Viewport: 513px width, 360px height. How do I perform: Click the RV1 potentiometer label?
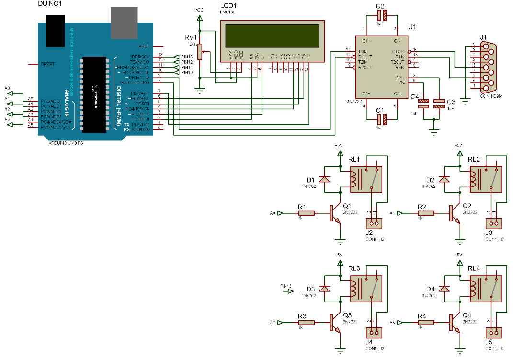click(x=191, y=37)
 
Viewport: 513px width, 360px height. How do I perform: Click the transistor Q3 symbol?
click(x=334, y=323)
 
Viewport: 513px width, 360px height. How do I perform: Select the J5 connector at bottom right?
click(x=494, y=332)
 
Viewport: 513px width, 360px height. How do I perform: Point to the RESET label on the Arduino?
click(x=48, y=64)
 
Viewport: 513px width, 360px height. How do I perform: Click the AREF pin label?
click(x=144, y=46)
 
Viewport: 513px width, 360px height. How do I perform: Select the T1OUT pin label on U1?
click(x=397, y=51)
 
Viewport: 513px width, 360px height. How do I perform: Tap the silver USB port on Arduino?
click(x=124, y=23)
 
